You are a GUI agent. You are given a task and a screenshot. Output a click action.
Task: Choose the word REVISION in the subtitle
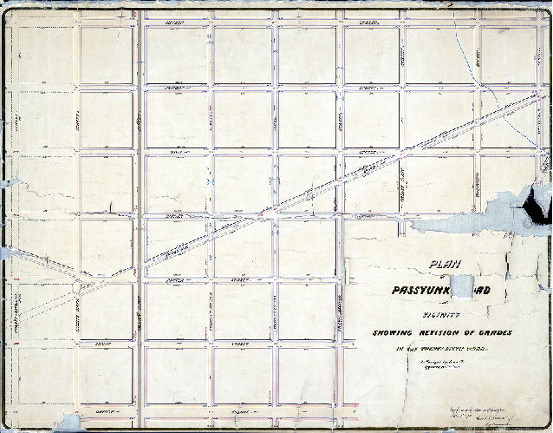449,334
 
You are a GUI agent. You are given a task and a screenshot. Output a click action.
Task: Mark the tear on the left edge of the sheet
10,183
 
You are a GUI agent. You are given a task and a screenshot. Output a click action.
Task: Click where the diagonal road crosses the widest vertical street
139,262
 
